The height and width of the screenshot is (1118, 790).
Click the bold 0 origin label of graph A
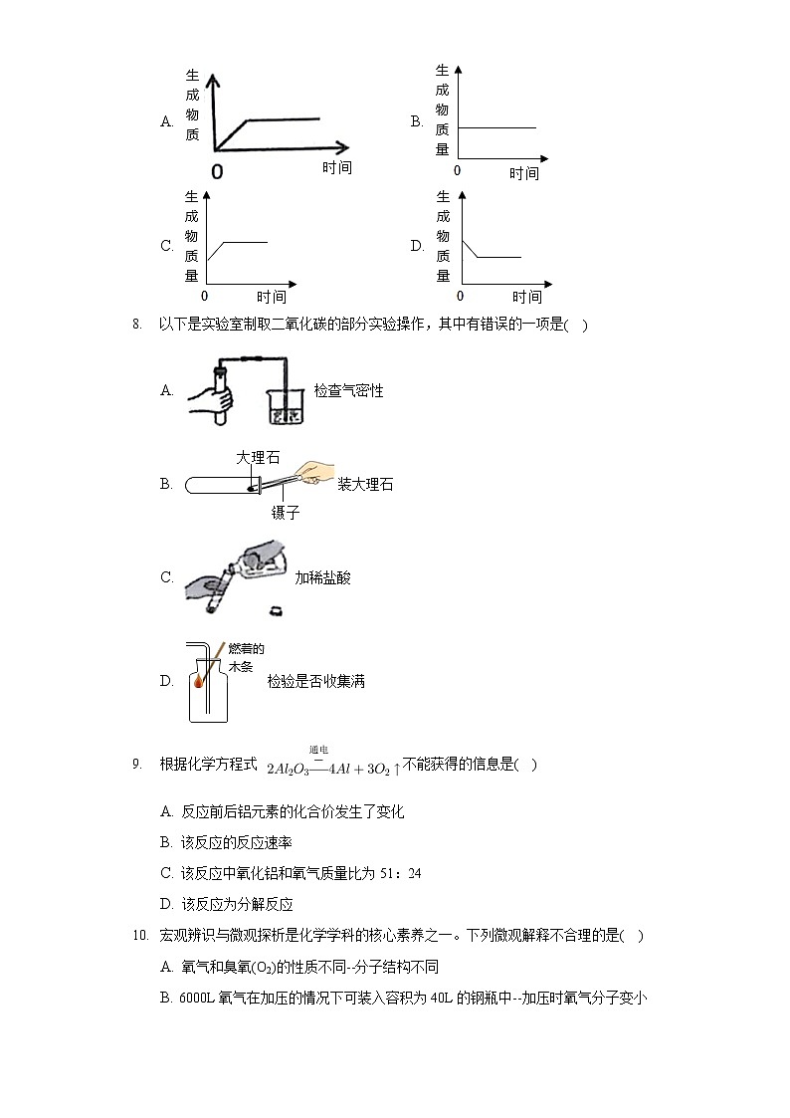pos(217,171)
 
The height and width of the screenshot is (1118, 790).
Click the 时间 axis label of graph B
pos(524,174)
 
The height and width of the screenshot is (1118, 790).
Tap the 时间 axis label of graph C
pos(272,297)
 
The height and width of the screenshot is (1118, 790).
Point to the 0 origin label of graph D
pos(460,297)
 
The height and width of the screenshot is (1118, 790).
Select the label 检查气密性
pos(348,391)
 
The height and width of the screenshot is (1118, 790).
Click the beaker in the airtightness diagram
pos(285,409)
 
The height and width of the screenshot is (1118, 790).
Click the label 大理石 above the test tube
pos(258,458)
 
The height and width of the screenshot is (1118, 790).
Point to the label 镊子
pos(286,513)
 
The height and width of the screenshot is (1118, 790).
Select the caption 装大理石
pos(365,485)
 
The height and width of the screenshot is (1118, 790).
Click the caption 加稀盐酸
pos(322,577)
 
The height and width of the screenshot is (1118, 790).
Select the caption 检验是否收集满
pos(315,682)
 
